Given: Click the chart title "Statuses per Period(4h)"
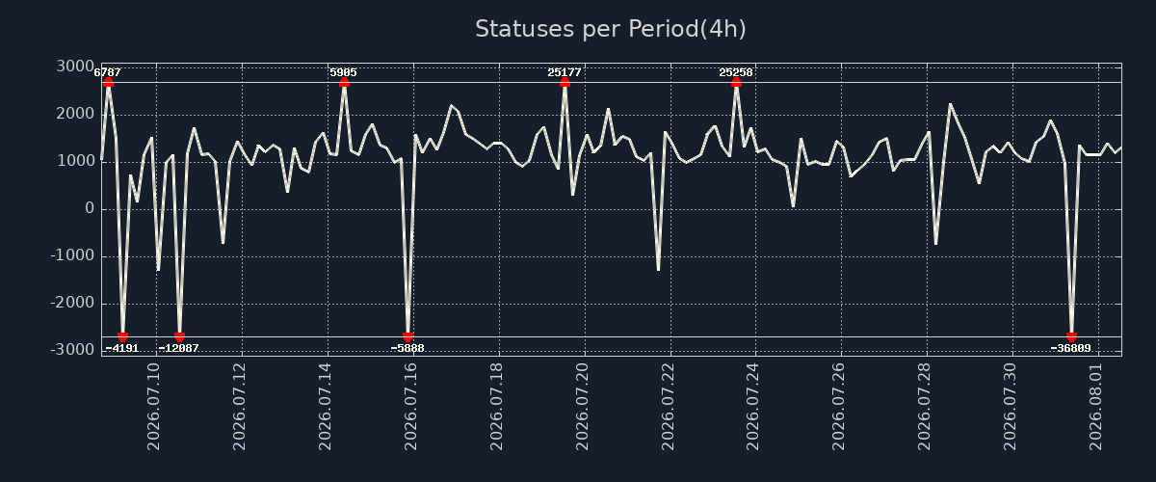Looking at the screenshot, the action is point(611,29).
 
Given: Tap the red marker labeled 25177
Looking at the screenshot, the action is point(565,82).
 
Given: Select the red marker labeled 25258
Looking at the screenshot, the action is point(736,82).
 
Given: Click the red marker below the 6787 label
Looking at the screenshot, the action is point(108,82).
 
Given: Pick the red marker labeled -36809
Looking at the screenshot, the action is point(1072,336).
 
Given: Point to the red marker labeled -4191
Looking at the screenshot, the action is point(123,336).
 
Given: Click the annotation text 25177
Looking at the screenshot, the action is point(565,72).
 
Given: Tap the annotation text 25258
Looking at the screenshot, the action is point(736,72).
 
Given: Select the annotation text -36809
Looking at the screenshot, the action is point(1071,348).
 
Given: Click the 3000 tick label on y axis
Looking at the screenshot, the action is point(75,67).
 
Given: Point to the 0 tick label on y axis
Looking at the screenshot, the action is point(90,209).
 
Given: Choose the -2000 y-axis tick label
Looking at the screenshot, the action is point(73,303).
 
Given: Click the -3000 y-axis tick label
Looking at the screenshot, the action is point(73,350).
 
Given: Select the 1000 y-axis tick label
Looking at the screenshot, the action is point(75,161).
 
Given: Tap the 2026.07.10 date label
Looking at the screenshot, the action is point(154,407).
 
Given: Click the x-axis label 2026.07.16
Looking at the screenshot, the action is point(410,407).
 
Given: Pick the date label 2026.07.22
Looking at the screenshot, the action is point(668,407).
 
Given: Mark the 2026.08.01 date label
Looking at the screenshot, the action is point(1096,407).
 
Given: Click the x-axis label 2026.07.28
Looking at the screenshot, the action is point(925,407).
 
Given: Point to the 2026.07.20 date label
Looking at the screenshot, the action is point(582,407).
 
